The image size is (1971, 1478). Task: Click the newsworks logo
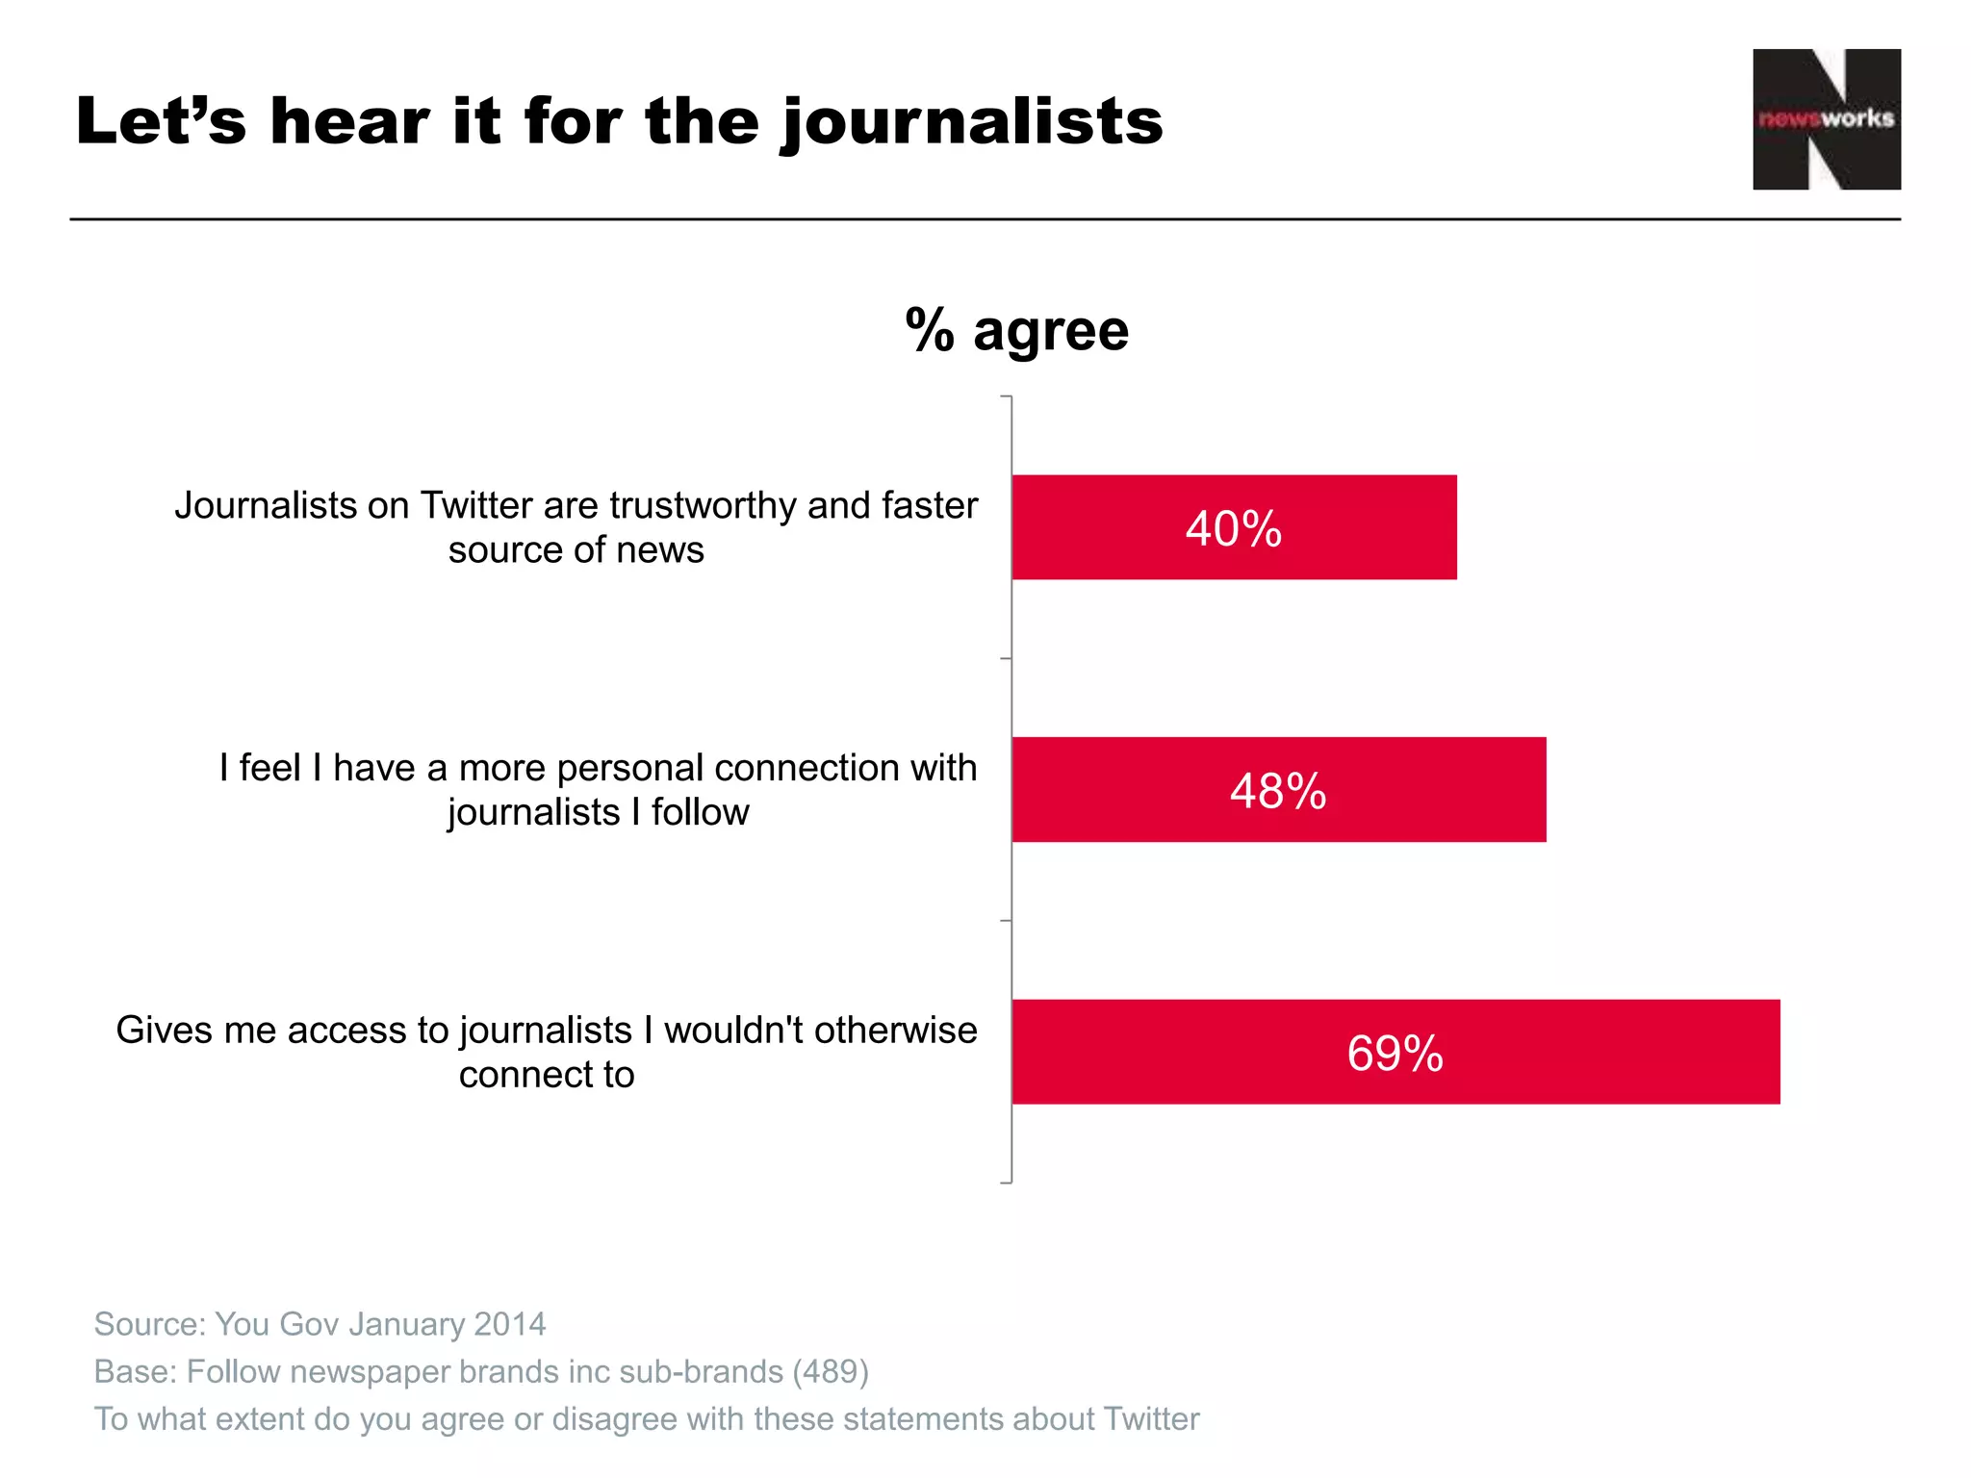tap(1826, 119)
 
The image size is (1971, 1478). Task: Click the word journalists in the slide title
tap(972, 123)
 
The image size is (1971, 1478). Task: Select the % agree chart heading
tap(1017, 330)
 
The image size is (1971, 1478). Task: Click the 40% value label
tap(1233, 528)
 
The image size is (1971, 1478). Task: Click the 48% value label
tap(1278, 791)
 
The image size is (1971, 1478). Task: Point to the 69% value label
tap(1395, 1053)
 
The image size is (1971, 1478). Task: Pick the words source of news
tap(576, 550)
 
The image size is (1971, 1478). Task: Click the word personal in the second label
tap(629, 768)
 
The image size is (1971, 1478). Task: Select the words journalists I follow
tap(598, 813)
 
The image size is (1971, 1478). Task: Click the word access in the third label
tap(347, 1031)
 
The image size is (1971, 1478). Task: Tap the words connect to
tap(546, 1075)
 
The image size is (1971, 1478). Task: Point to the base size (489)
tap(830, 1371)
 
